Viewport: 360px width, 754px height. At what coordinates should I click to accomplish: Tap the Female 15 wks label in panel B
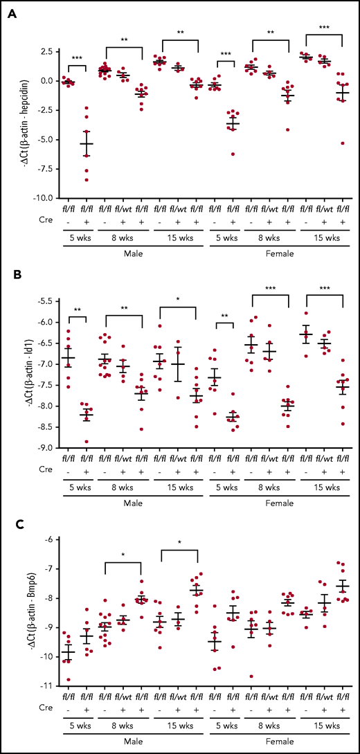pos(324,490)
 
